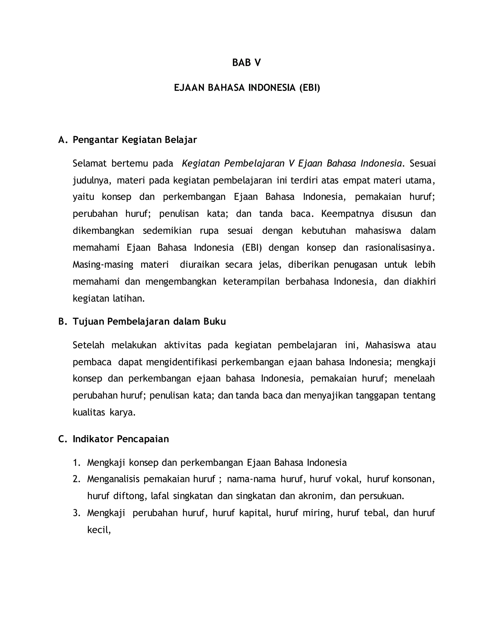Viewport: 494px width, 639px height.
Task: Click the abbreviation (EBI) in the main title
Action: tap(310, 88)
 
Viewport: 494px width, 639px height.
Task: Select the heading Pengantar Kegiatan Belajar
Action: tap(135, 140)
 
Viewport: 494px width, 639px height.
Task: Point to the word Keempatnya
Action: tap(347, 214)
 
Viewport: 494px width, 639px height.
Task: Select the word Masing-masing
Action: tap(103, 265)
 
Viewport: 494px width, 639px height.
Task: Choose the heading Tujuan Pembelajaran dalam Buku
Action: tap(149, 321)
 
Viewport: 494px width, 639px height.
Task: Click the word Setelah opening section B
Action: tap(88, 345)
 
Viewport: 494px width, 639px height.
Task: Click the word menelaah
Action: tap(414, 379)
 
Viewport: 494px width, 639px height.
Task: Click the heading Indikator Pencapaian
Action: tap(121, 439)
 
